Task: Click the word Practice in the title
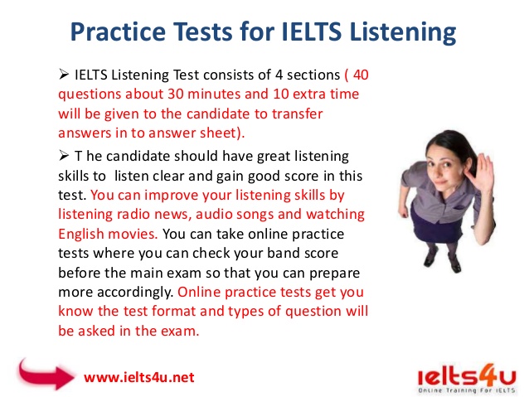pyautogui.click(x=118, y=32)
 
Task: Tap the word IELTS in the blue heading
pyautogui.click(x=312, y=31)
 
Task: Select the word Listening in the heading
pyautogui.click(x=403, y=32)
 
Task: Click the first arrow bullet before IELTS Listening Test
pyautogui.click(x=63, y=74)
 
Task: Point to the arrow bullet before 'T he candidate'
pyautogui.click(x=63, y=156)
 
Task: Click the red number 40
pyautogui.click(x=361, y=75)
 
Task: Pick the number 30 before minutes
pyautogui.click(x=176, y=94)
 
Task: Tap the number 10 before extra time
pyautogui.click(x=281, y=94)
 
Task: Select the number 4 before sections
pyautogui.click(x=279, y=75)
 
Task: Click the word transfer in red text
pyautogui.click(x=297, y=114)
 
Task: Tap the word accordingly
pyautogui.click(x=135, y=292)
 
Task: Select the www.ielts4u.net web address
pyautogui.click(x=139, y=377)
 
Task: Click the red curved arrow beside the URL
pyautogui.click(x=46, y=375)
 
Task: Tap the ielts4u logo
pyautogui.click(x=467, y=379)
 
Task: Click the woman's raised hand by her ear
pyautogui.click(x=483, y=169)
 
